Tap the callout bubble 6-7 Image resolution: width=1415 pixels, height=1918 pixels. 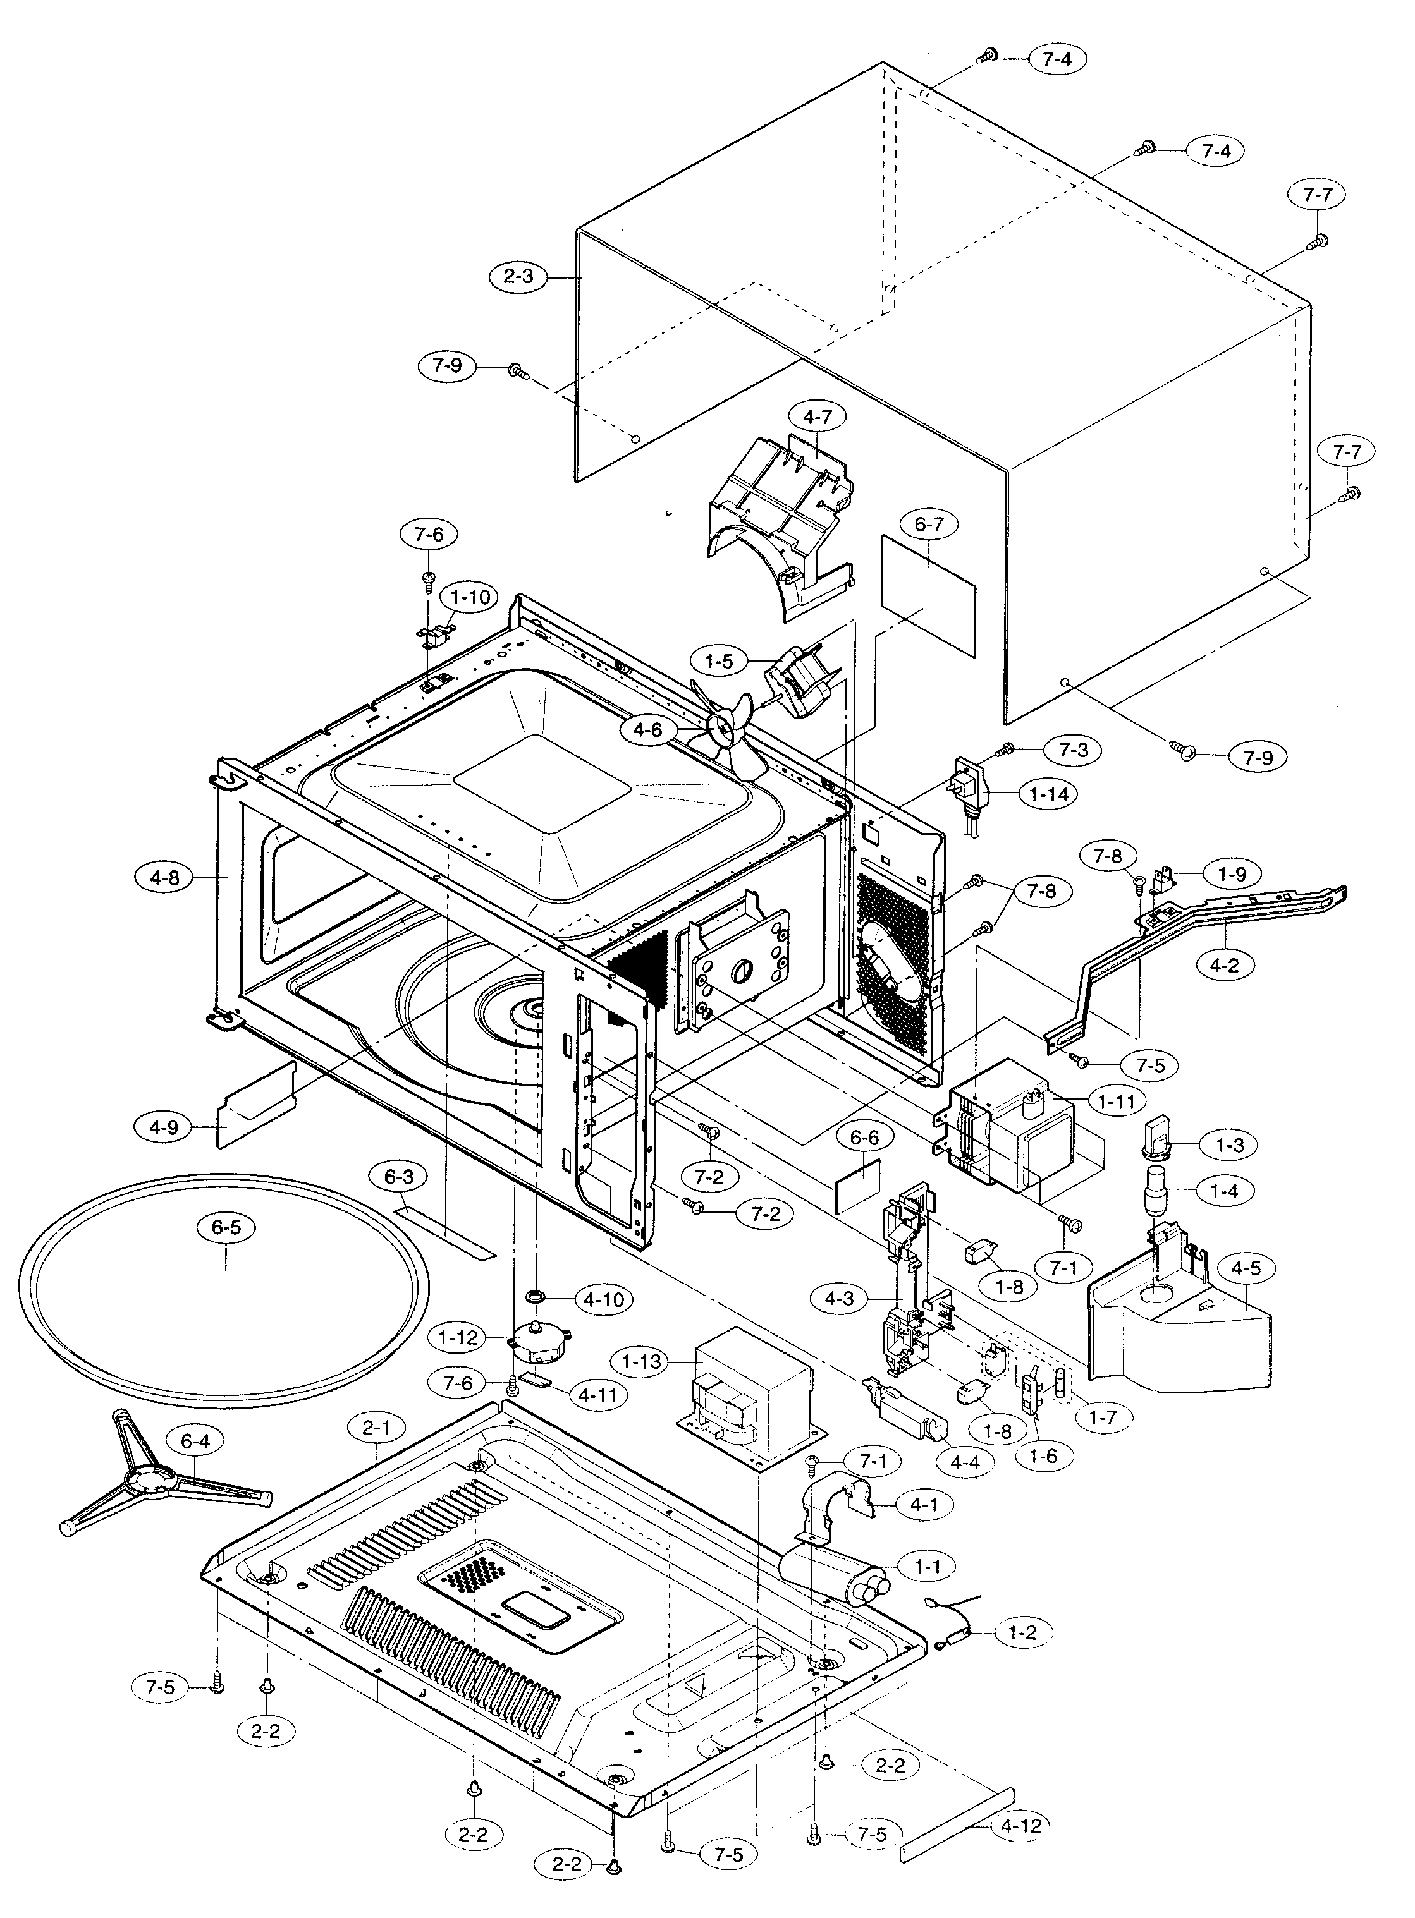tap(929, 523)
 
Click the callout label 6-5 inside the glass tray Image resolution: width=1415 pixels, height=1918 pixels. tap(226, 1227)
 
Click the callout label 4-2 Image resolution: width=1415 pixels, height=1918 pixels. tap(1224, 965)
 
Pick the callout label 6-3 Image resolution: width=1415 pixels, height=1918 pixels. tap(399, 1177)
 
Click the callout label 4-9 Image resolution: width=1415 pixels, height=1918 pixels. tap(164, 1127)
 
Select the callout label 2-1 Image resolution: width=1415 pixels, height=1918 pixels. tap(377, 1428)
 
